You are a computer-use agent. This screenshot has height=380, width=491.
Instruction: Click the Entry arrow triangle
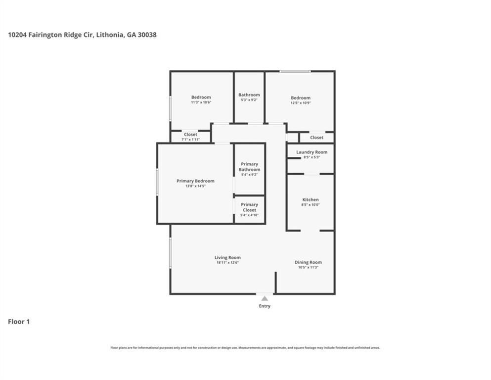(265, 298)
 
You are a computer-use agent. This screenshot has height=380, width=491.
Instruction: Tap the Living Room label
(227, 257)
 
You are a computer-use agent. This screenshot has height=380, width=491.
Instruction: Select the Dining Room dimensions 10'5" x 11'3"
(308, 267)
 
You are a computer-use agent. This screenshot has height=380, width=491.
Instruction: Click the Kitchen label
(311, 199)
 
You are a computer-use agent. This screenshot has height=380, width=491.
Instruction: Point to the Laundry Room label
(312, 152)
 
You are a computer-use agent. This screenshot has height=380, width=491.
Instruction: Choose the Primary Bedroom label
(195, 181)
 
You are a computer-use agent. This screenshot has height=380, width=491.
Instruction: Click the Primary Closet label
(249, 207)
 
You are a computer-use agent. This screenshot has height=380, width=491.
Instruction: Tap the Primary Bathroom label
(249, 167)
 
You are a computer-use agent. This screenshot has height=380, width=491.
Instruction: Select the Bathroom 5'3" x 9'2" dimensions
(249, 100)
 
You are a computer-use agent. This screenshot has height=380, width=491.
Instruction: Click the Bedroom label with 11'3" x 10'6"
(201, 97)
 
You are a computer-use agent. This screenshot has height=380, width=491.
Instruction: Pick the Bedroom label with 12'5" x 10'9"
(301, 98)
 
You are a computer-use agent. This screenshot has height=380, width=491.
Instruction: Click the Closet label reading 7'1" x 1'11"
(190, 135)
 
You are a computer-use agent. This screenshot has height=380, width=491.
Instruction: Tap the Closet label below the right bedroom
(317, 138)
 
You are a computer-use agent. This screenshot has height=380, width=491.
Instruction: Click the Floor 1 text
(19, 322)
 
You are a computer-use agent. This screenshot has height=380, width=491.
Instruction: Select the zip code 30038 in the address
(148, 35)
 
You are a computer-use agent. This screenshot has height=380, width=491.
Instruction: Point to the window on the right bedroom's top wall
(295, 72)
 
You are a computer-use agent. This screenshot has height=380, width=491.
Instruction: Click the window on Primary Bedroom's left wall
(157, 182)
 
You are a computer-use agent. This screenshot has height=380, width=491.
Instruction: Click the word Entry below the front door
(265, 306)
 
